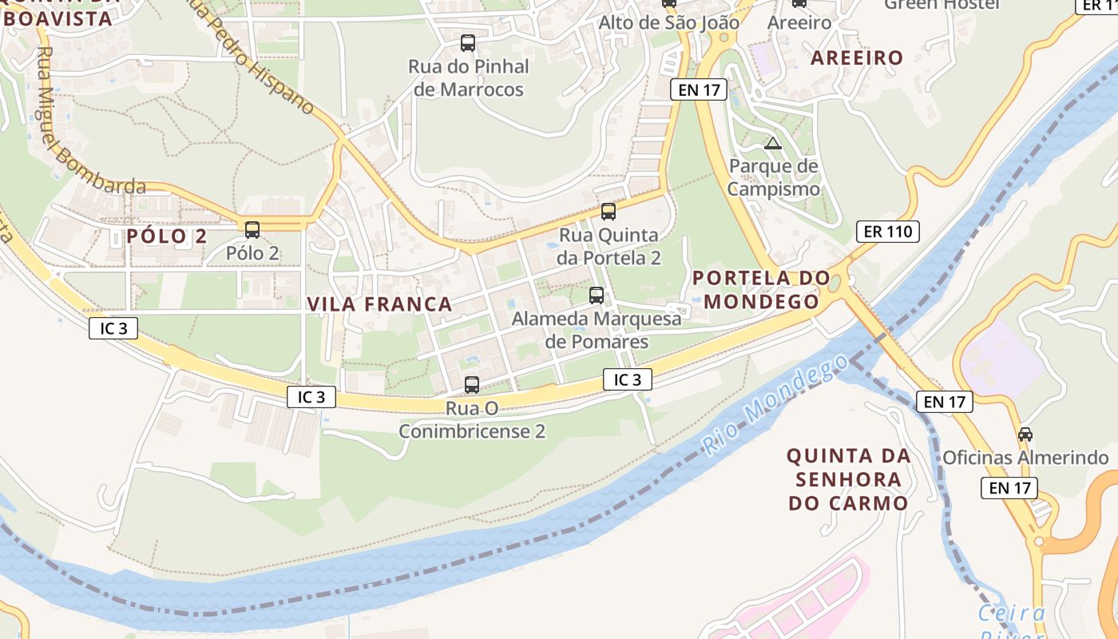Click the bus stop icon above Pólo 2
pos(252,230)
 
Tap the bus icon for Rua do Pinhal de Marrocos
pos(468,43)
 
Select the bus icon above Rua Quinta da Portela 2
pos(609,212)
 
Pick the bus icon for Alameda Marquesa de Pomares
pos(597,296)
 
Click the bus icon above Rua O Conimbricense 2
pos(472,385)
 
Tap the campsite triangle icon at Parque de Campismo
pos(772,144)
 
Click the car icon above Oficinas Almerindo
pos(1025,435)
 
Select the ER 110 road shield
pos(887,232)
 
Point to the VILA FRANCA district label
pos(379,304)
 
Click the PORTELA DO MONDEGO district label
pos(755,290)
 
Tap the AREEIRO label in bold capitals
pos(857,58)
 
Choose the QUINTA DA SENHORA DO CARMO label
pos(848,479)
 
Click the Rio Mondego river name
pos(775,405)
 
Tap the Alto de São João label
pos(669,22)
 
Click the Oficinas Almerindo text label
pos(1025,458)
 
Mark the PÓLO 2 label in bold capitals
pos(167,236)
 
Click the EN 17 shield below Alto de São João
pos(699,89)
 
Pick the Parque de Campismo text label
pos(773,178)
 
